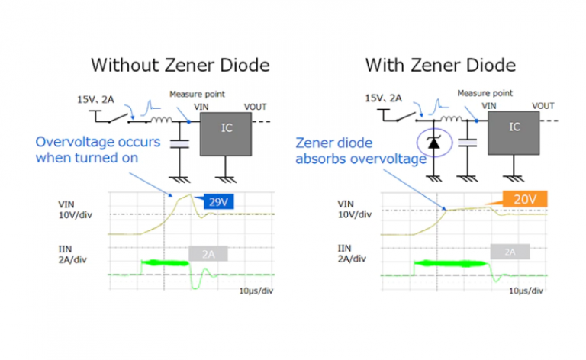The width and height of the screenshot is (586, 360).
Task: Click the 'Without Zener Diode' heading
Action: pyautogui.click(x=180, y=65)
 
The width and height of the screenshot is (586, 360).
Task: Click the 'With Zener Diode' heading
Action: pyautogui.click(x=440, y=65)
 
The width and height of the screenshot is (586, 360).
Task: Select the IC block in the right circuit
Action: pyautogui.click(x=514, y=127)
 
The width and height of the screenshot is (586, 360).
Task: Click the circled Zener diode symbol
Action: pyautogui.click(x=434, y=142)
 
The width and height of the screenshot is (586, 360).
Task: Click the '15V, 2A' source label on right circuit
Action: pyautogui.click(x=384, y=98)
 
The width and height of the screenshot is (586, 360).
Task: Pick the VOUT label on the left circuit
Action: pyautogui.click(x=256, y=107)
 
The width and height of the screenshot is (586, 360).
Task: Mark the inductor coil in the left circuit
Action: pyautogui.click(x=160, y=119)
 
